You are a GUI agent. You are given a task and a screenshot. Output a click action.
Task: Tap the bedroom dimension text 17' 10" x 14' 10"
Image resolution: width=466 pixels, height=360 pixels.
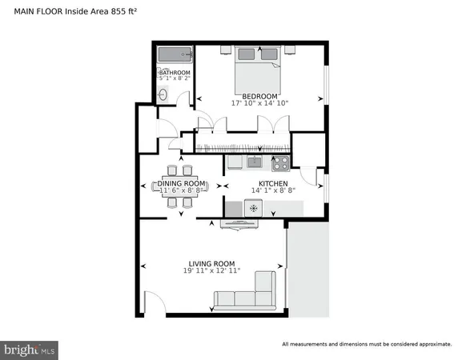pyautogui.click(x=259, y=103)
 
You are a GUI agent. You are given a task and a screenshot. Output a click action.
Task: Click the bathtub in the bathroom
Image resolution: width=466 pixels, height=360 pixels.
pyautogui.click(x=174, y=56)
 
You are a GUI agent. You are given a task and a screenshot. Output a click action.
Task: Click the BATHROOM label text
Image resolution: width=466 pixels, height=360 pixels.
pyautogui.click(x=175, y=73)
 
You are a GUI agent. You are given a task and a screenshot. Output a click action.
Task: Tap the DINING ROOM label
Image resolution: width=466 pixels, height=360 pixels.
pyautogui.click(x=180, y=185)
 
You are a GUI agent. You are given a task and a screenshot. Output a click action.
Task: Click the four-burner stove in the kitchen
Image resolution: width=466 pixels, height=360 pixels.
pyautogui.click(x=280, y=163)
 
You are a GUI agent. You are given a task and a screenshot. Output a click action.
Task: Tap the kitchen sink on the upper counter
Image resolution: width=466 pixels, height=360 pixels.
pyautogui.click(x=254, y=163)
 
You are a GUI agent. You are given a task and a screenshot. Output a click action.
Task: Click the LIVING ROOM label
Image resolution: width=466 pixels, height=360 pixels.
pyautogui.click(x=211, y=264)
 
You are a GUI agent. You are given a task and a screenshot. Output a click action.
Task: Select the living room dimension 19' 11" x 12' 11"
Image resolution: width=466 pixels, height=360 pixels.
pyautogui.click(x=211, y=271)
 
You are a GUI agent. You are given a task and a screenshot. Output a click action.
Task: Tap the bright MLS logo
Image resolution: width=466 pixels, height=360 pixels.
pyautogui.click(x=30, y=350)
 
